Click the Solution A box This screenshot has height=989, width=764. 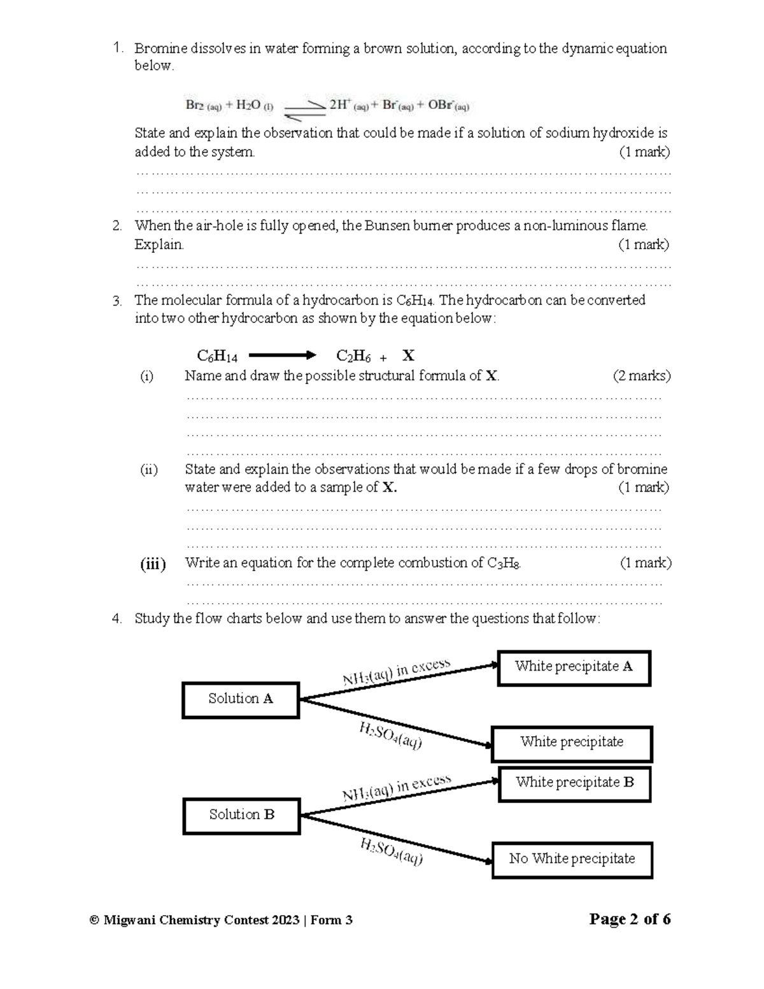coord(241,700)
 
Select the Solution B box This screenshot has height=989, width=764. coord(241,816)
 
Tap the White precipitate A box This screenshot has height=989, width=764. coord(574,667)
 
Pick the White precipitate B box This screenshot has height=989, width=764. coord(574,783)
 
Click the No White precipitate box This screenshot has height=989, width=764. coord(572,860)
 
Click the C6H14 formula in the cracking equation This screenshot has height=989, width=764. coord(217,356)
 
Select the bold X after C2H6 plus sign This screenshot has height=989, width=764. coord(408,355)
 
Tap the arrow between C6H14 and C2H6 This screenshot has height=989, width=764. coord(281,355)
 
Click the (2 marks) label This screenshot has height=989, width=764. coord(641,376)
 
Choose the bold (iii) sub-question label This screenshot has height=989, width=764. coord(153,564)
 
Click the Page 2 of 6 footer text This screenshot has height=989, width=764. coord(630,919)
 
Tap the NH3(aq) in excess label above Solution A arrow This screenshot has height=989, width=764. coord(397,672)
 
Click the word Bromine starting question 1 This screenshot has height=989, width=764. coord(160,48)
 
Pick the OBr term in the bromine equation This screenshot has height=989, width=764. coord(448,106)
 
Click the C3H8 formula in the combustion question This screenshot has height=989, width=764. coord(504,563)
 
